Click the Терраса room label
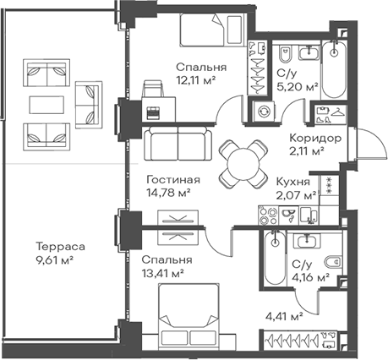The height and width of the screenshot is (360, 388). [60, 247]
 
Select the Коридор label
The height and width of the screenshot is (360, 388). [315, 139]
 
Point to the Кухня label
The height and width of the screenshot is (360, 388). [292, 182]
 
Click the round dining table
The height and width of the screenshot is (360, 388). [243, 165]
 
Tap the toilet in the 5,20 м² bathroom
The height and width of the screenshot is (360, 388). [286, 53]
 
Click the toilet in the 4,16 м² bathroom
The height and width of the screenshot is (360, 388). [333, 262]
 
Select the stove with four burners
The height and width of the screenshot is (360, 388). [268, 215]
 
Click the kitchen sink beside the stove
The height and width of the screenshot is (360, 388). [288, 215]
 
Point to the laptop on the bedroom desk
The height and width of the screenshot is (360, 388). [154, 112]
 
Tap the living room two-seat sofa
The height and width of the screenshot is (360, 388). [178, 144]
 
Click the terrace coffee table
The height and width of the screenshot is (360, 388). [46, 105]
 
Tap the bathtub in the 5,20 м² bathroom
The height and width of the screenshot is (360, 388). [334, 69]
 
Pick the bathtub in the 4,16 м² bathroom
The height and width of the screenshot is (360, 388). [275, 258]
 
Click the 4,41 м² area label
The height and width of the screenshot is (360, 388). [284, 317]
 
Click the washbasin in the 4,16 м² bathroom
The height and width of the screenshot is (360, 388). [307, 241]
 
